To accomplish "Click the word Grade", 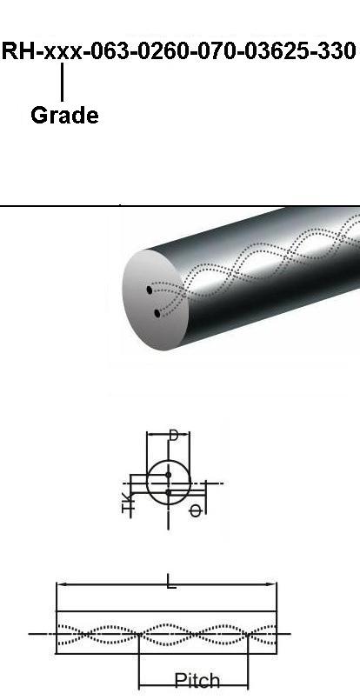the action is click(64, 116).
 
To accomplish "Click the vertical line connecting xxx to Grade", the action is click(62, 82).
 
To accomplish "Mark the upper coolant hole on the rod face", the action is click(150, 290).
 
